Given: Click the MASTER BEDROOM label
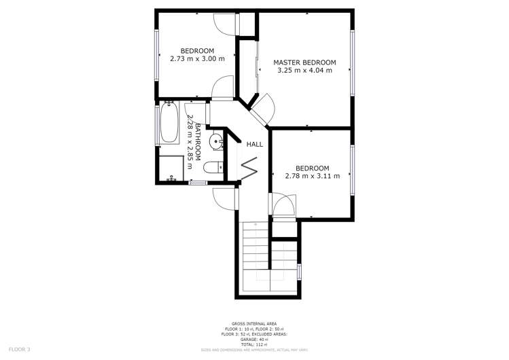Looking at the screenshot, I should point(304,62).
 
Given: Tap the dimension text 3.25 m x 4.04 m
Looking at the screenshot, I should point(304,71).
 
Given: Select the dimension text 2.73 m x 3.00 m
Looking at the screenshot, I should point(197,59).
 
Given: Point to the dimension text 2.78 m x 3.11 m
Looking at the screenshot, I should point(312,177).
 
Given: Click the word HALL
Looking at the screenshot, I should point(254,144).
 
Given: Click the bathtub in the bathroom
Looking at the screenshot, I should point(169,123).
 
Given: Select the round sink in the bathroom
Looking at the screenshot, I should point(216,141).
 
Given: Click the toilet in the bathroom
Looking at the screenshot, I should point(212,167).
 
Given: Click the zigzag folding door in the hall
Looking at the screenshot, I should point(249,166).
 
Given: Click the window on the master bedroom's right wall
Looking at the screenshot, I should point(352,62).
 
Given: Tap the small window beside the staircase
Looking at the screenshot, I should point(300,271).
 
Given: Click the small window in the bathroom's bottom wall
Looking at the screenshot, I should point(197,182).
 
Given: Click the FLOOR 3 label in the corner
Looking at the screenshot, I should point(19,349).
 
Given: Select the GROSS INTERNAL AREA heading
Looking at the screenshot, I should point(254,323).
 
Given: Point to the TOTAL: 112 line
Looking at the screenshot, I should point(254,345).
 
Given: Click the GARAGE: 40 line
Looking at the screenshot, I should point(254,340).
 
